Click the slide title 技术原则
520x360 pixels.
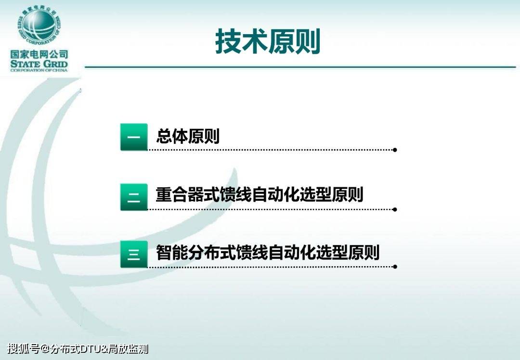[268, 41]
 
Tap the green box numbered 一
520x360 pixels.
[134, 137]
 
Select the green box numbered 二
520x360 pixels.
[134, 197]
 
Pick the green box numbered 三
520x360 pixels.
[134, 254]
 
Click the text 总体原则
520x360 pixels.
[188, 136]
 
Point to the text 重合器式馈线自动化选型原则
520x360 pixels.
[260, 194]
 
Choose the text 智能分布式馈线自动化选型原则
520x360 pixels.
[268, 253]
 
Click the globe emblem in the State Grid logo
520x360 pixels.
[39, 26]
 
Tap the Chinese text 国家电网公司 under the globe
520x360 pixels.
[39, 54]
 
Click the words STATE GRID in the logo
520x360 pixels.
[39, 64]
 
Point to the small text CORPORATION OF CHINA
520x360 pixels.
[39, 70]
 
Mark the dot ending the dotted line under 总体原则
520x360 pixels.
[395, 150]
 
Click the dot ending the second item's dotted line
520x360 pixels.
[395, 209]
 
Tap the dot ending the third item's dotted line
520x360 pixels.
[395, 267]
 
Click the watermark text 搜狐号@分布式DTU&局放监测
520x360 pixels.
[78, 349]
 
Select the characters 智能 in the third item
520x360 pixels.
[172, 253]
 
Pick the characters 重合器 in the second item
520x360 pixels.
[180, 194]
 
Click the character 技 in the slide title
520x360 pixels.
[228, 41]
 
